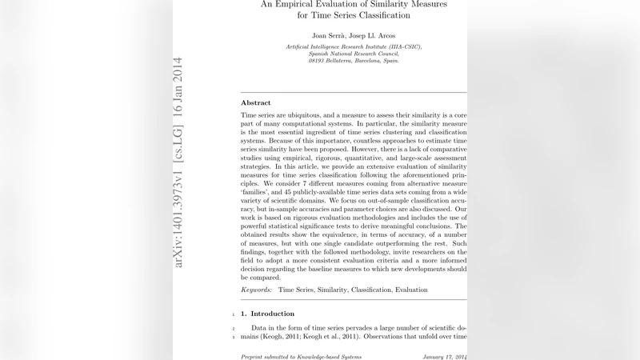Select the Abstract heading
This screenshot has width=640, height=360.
(256, 103)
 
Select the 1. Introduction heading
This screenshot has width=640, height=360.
(272, 314)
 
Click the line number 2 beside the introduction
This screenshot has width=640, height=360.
(232, 328)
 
